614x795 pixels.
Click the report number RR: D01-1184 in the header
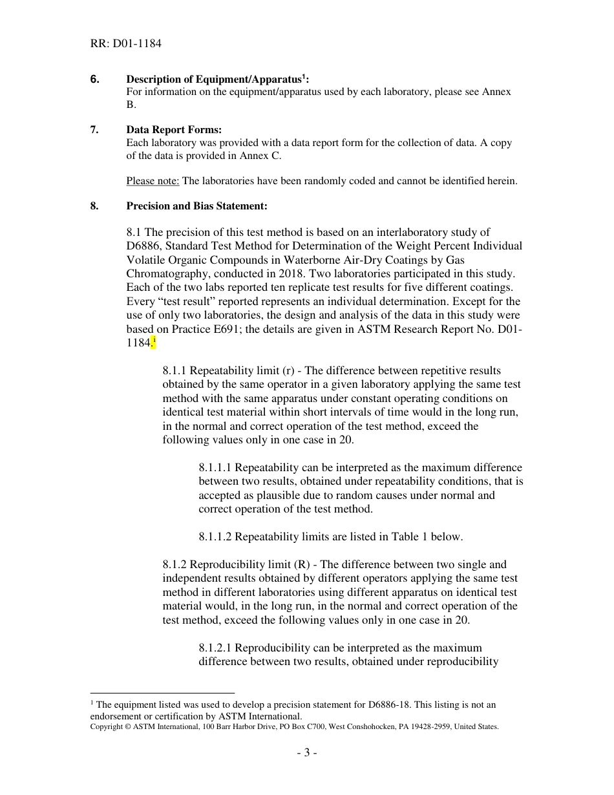[125, 44]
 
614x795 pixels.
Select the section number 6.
[95, 79]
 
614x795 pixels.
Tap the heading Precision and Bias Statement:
[196, 206]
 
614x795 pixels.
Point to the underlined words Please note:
[153, 181]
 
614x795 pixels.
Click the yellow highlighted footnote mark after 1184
[154, 342]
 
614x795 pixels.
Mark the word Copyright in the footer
[106, 726]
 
